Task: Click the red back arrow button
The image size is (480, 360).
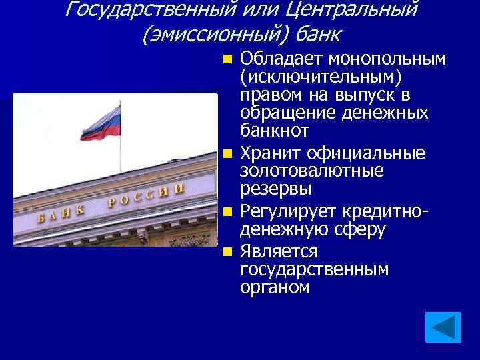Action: coord(443,327)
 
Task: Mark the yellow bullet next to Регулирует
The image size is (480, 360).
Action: coord(229,213)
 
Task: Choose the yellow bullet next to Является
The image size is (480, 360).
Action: coord(229,252)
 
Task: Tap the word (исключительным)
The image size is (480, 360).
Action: coord(314,78)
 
